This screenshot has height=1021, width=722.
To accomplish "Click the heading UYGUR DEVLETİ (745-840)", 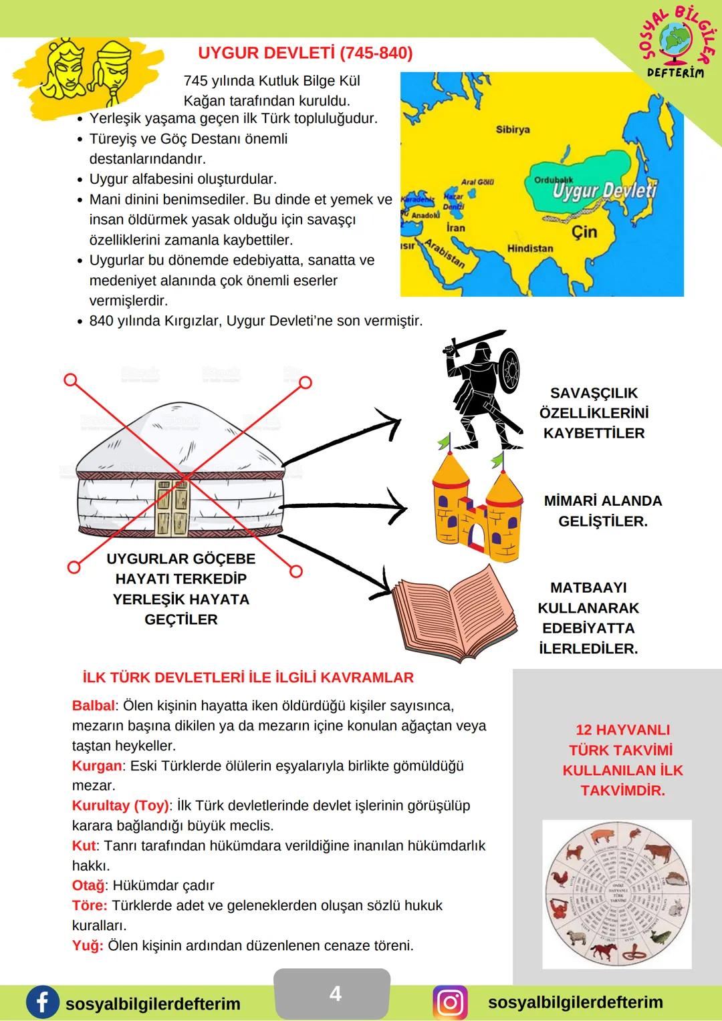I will (306, 53).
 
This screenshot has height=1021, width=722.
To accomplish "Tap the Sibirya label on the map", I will (513, 130).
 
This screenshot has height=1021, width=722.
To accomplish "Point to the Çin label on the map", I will (584, 232).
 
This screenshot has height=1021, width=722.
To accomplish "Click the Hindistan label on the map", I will (530, 249).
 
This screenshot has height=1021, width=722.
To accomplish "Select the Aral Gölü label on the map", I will (477, 182).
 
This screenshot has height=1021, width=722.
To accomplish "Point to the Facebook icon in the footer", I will (41, 1003).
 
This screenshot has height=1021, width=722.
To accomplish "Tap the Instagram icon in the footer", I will (451, 1003).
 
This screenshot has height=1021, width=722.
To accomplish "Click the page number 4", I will (335, 994).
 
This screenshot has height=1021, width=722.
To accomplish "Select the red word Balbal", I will (94, 706).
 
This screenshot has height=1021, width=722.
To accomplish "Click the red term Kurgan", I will (97, 766).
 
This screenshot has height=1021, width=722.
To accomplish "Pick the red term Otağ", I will (88, 885).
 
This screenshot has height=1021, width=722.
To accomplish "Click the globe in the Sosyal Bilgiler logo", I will (677, 39).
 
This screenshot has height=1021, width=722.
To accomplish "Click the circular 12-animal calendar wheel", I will (617, 894).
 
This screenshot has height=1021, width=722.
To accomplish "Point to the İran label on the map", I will (455, 228).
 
